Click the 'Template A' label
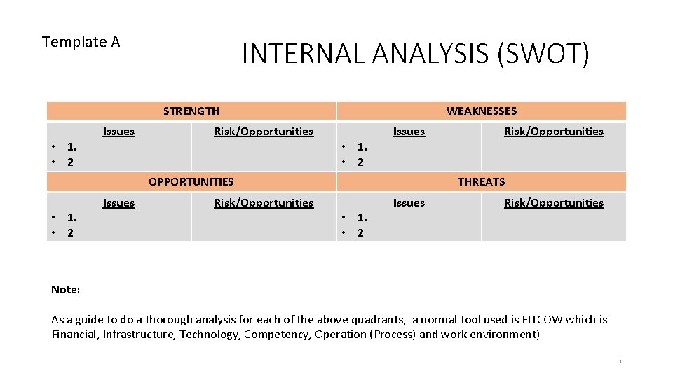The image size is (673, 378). (81, 42)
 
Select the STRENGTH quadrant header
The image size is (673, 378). (191, 111)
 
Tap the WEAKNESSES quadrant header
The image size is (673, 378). (481, 111)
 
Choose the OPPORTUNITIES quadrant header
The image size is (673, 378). (191, 181)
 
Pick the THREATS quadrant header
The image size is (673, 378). (481, 181)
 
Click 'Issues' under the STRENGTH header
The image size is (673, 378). (118, 131)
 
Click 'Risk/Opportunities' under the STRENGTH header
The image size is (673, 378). (264, 131)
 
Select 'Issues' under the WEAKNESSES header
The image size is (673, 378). (409, 131)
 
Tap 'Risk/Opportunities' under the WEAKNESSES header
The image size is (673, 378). (554, 131)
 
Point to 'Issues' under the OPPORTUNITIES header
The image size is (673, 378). (118, 202)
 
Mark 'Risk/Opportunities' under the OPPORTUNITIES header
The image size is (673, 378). (264, 202)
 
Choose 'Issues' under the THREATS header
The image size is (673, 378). (409, 202)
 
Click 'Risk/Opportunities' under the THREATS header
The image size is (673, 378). (554, 202)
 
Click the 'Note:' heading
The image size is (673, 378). (65, 289)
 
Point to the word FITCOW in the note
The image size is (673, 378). (542, 319)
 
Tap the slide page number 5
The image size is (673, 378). (618, 360)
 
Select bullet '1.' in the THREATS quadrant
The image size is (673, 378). (362, 218)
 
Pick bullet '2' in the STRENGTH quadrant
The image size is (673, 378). (69, 162)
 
